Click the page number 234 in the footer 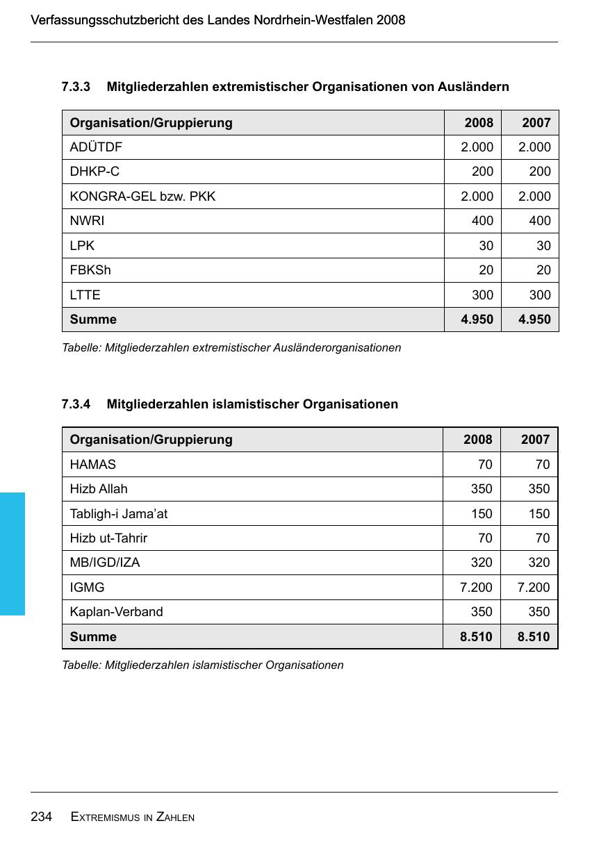pyautogui.click(x=42, y=817)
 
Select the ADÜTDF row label pyautogui.click(x=96, y=147)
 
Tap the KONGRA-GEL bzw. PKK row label pyautogui.click(x=142, y=197)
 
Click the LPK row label pyautogui.click(x=82, y=246)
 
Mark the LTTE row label pyautogui.click(x=85, y=295)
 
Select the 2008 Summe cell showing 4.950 pyautogui.click(x=477, y=320)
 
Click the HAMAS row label pyautogui.click(x=92, y=465)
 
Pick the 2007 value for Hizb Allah pyautogui.click(x=539, y=489)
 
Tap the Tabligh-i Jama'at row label pyautogui.click(x=118, y=514)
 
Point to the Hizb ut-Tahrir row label pyautogui.click(x=108, y=538)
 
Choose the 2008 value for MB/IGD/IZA pyautogui.click(x=481, y=563)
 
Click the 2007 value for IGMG pyautogui.click(x=533, y=588)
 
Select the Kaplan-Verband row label pyautogui.click(x=116, y=612)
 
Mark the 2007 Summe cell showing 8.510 pyautogui.click(x=533, y=637)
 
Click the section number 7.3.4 pyautogui.click(x=76, y=404)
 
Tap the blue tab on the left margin pyautogui.click(x=13, y=554)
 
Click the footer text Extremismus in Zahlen pyautogui.click(x=133, y=818)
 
